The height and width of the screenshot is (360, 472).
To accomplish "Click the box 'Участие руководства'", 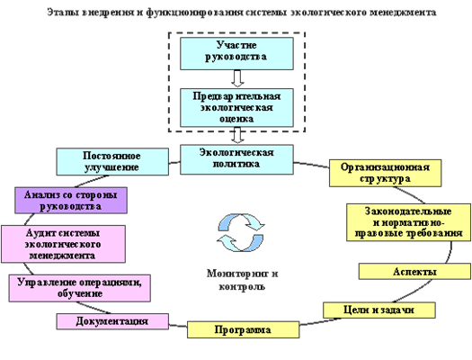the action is tap(236, 54).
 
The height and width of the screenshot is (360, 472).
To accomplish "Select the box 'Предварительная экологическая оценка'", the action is tap(236, 107).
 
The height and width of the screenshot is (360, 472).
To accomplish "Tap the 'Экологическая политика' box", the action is tap(236, 159).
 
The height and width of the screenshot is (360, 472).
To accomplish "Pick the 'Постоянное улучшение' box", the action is tap(112, 161).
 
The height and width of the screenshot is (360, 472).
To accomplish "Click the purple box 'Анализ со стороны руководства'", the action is tap(71, 201).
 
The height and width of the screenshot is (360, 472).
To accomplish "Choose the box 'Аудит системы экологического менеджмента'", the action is tap(63, 244).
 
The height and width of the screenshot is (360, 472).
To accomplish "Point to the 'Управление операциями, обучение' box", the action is tap(79, 288).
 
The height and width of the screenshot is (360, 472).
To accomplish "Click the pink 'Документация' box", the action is tap(112, 321).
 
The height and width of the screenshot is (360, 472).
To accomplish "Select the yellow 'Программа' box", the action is tap(243, 329).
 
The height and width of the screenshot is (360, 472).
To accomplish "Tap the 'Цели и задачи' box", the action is tap(379, 310).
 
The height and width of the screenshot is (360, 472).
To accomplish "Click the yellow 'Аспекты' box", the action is tap(414, 272).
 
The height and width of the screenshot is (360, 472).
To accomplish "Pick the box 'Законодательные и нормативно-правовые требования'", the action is tap(408, 222).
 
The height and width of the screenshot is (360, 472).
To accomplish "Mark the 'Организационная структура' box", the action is tap(386, 173).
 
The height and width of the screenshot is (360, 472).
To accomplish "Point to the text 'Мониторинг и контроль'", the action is tap(243, 280).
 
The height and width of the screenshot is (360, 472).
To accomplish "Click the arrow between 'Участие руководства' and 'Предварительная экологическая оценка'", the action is tap(237, 78).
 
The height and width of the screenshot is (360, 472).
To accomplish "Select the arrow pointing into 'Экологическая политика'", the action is tap(237, 135).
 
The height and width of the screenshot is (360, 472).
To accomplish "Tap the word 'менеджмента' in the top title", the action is tap(403, 13).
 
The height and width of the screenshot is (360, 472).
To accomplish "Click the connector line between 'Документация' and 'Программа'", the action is tap(178, 326).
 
